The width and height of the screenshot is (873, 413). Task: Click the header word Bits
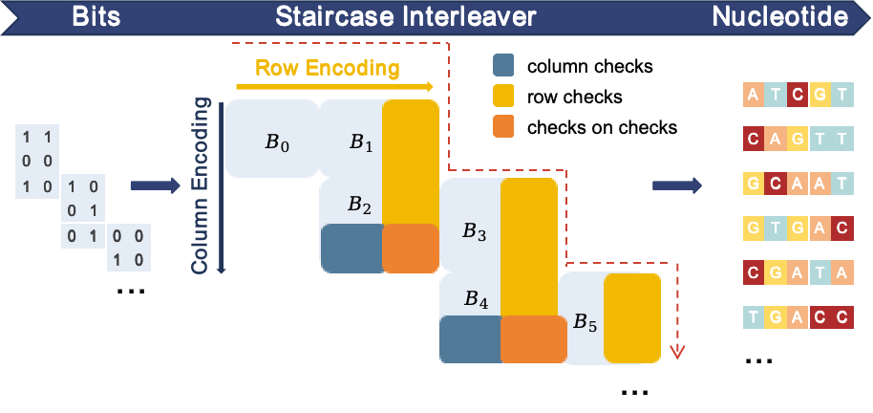[96, 16]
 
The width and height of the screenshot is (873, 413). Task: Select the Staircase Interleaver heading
[406, 16]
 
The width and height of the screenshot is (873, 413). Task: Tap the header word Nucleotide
[780, 16]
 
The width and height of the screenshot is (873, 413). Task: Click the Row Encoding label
[327, 68]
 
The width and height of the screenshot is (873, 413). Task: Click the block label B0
[276, 142]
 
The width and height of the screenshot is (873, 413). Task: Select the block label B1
[360, 142]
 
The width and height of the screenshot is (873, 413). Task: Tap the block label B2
[359, 204]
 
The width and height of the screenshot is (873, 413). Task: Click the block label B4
[476, 299]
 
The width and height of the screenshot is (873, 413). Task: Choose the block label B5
[585, 323]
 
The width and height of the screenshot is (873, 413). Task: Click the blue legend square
[503, 64]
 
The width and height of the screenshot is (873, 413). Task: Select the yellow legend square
[503, 95]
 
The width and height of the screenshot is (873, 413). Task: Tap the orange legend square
[503, 125]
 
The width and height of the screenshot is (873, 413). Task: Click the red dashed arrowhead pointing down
[677, 352]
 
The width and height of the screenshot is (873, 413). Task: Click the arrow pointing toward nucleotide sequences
[677, 185]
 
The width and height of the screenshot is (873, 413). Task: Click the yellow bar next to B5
[631, 317]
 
